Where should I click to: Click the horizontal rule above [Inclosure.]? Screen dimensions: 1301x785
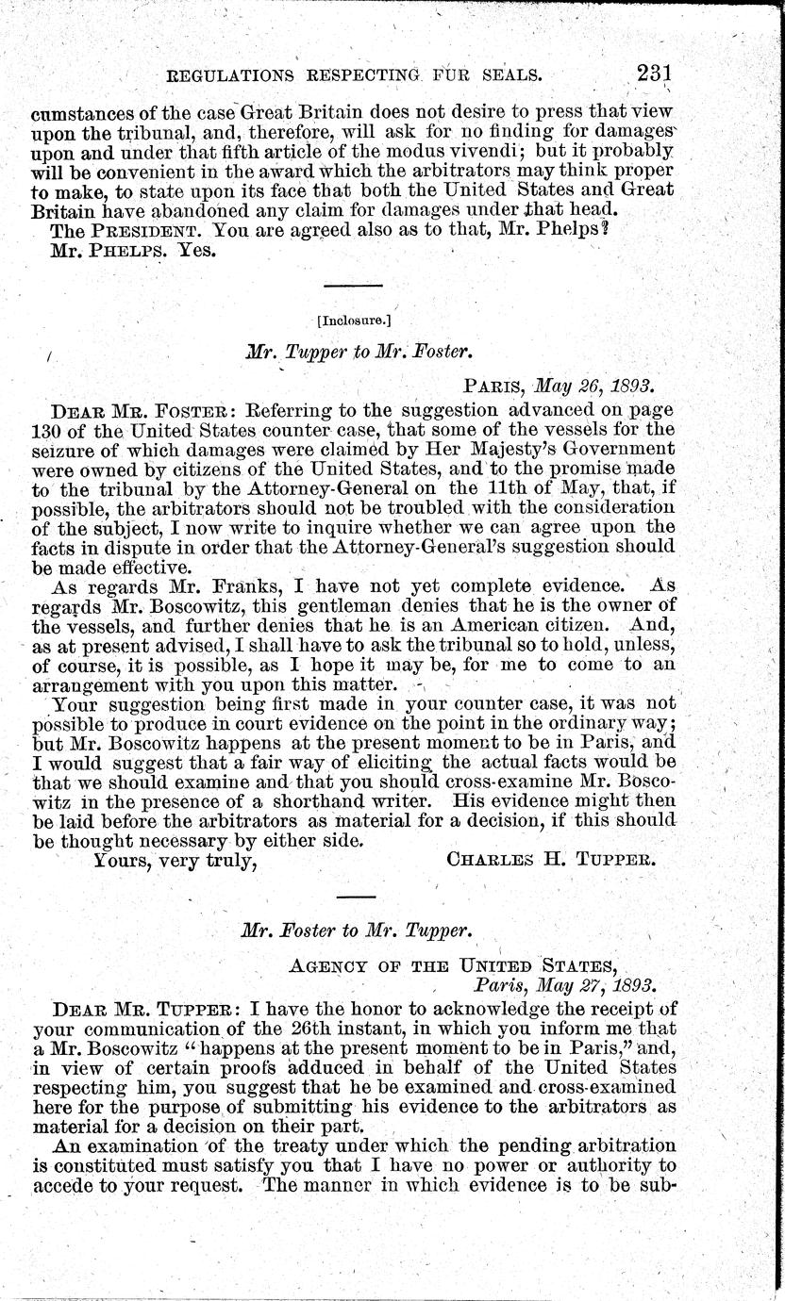pos(353,285)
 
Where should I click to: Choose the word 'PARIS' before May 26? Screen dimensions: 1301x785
pos(495,387)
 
